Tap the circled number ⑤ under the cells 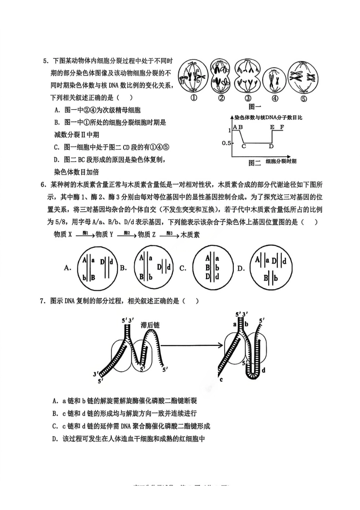coord(304,99)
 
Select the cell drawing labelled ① coord(193,77)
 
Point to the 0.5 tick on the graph coord(226,143)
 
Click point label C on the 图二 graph coord(244,146)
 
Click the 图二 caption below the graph coord(255,163)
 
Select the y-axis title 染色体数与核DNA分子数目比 coord(268,118)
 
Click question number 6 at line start coord(43,185)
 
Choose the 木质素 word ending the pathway coord(190,235)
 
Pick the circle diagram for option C coord(212,268)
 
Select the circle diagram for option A coord(95,268)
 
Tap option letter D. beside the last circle coord(241,268)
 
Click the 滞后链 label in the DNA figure coord(150,325)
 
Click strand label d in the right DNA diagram coord(263,370)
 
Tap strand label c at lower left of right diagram coord(221,380)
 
